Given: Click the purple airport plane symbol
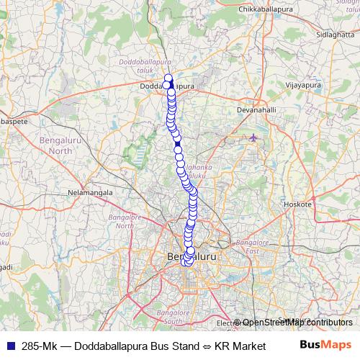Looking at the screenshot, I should click(253, 137).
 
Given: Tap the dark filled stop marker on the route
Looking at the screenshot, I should click(178, 144).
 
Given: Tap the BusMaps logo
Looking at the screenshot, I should click(326, 345).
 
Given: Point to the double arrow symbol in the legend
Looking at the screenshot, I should click(206, 346).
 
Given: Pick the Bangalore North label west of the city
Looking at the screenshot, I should click(120, 221).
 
